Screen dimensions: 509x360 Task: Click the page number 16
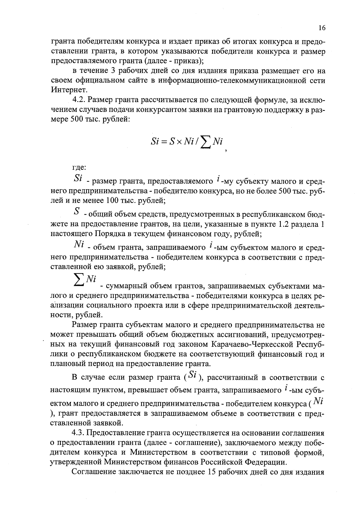[x=322, y=28]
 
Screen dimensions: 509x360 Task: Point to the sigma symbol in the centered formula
[x=205, y=143]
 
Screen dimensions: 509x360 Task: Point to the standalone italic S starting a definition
[x=77, y=212]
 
